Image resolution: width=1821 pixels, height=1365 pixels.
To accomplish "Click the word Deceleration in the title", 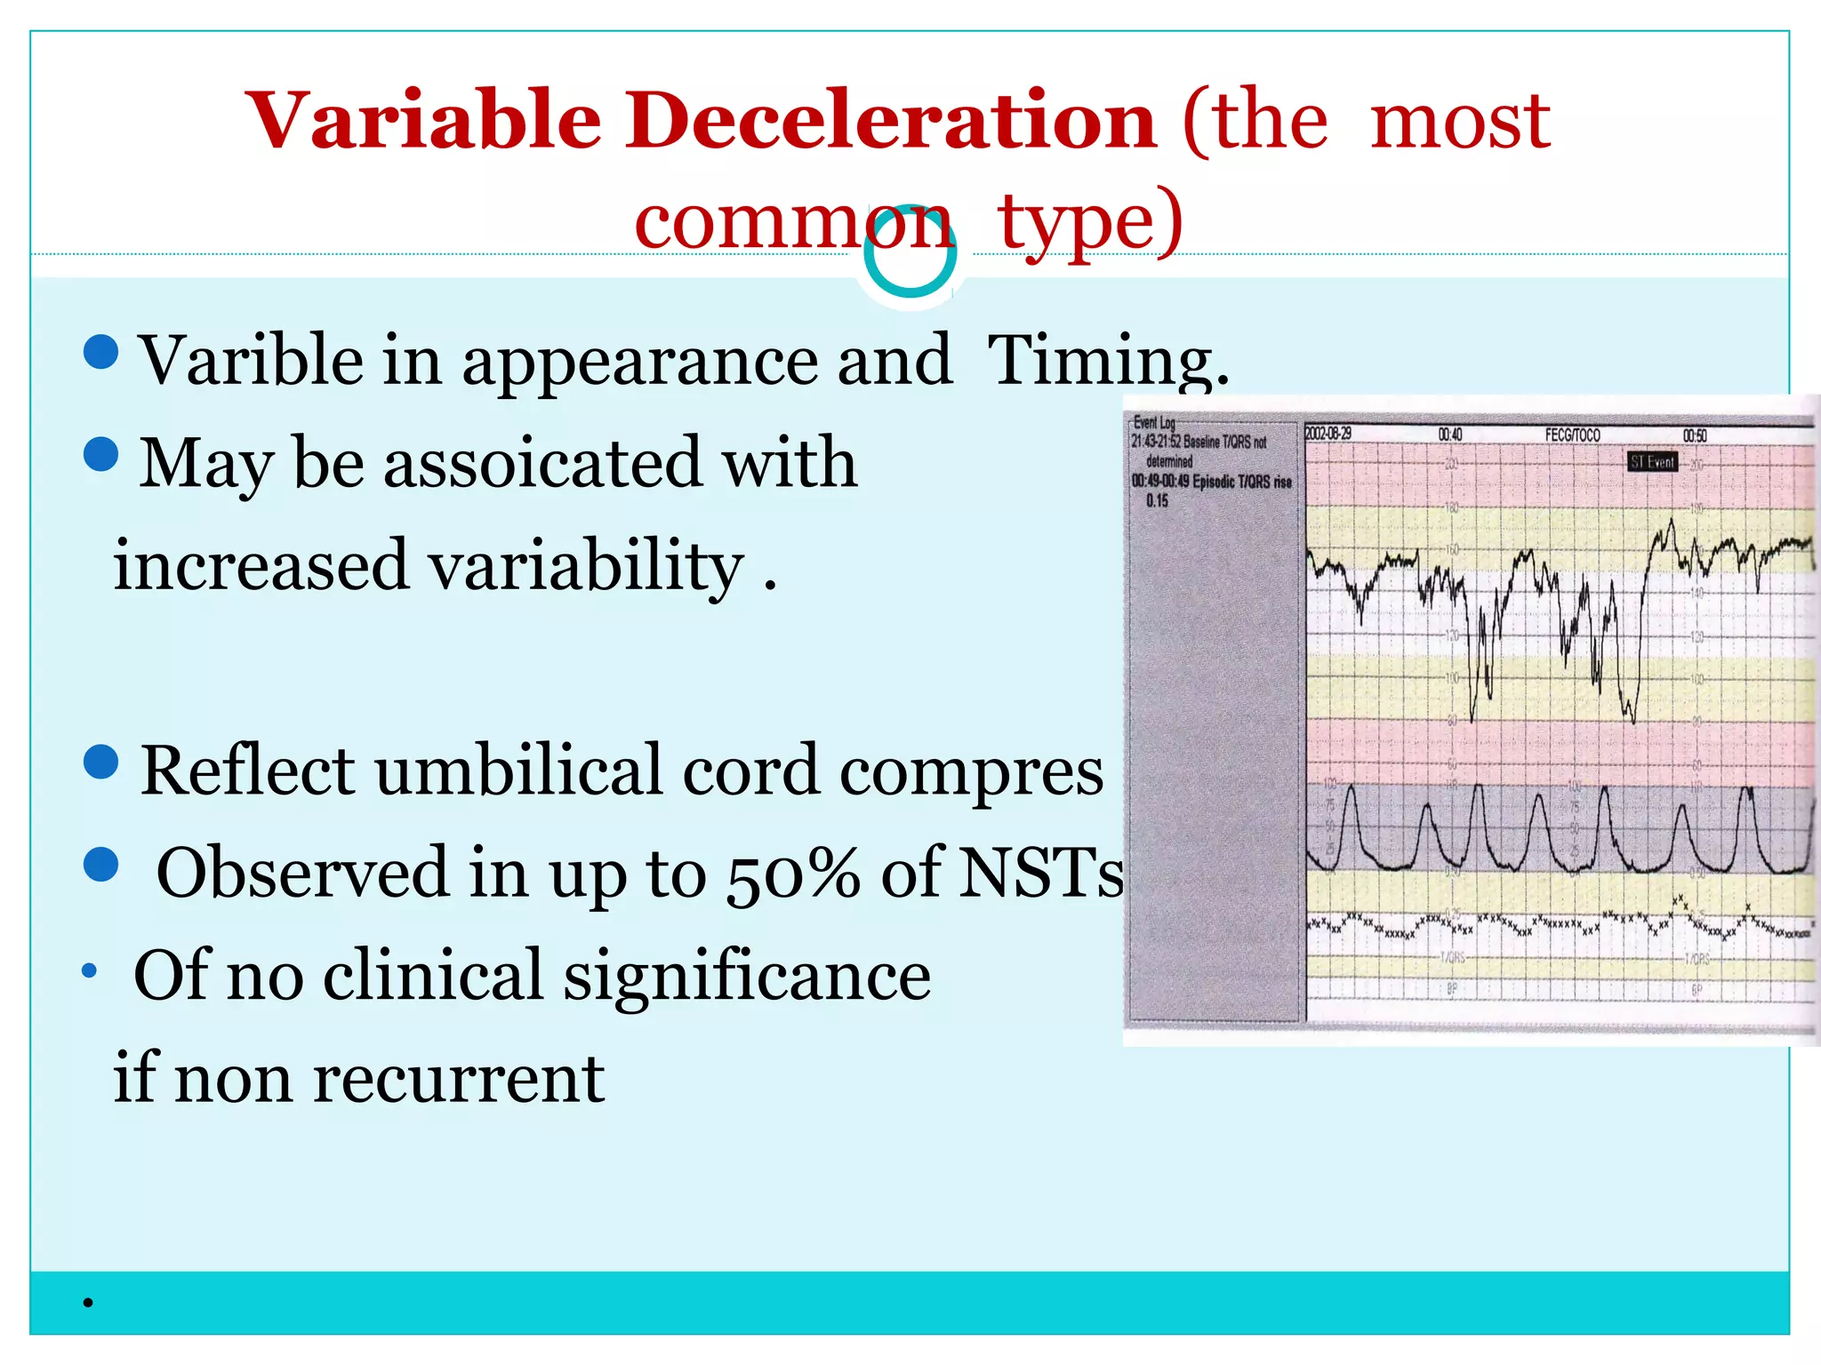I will (x=891, y=122).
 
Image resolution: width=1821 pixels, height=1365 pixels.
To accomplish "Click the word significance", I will (x=747, y=976).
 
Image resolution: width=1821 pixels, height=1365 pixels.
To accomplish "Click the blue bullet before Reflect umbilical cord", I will (x=101, y=762).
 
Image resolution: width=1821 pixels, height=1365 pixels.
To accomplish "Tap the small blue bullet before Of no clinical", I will (x=89, y=970).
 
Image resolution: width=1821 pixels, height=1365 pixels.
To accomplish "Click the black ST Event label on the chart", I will (x=1652, y=462).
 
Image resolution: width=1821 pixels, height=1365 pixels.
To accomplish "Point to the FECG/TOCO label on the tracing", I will (x=1572, y=435).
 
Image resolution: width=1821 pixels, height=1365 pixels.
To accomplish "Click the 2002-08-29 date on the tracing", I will (x=1328, y=434).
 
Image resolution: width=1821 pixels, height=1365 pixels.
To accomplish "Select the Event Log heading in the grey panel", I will (x=1154, y=423).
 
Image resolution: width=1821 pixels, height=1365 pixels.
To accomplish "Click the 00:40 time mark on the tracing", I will (x=1450, y=435).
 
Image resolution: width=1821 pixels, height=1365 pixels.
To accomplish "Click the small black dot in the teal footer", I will (x=88, y=1304).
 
